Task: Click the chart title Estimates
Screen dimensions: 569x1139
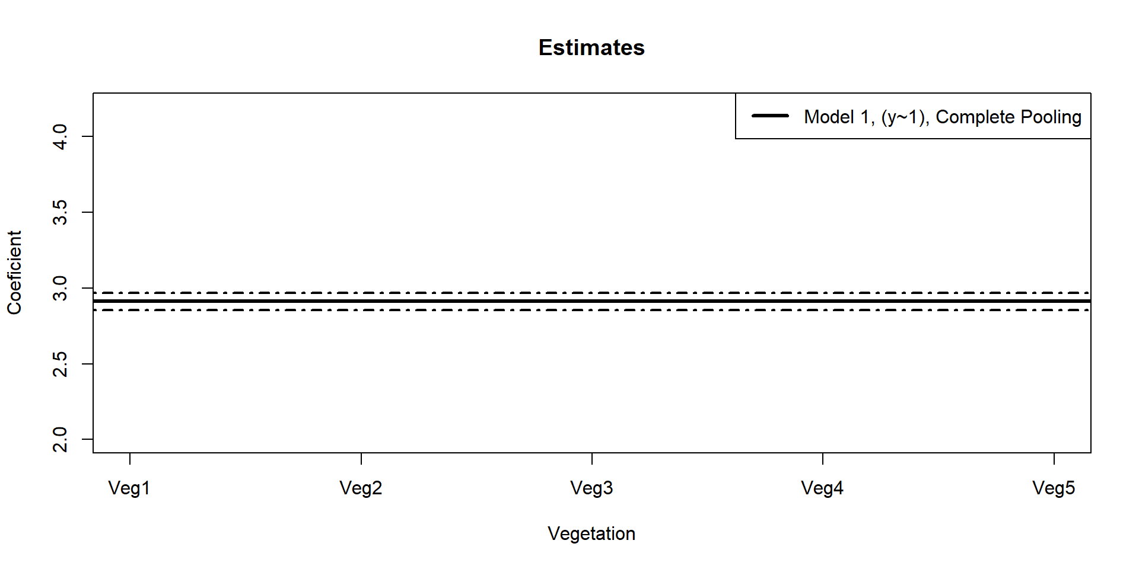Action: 591,47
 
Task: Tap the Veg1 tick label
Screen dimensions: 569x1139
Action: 129,488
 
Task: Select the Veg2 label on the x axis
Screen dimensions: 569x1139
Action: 361,488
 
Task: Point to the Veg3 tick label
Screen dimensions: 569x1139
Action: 591,488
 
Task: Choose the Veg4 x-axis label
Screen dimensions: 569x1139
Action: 822,488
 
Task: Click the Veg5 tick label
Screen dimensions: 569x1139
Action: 1054,488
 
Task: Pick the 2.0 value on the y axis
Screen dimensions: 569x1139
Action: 61,439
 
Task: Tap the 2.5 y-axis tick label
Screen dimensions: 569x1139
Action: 61,364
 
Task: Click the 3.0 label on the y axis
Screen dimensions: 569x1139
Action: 61,288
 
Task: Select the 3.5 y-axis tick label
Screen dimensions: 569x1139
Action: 61,212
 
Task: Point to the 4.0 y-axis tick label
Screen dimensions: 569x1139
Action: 61,136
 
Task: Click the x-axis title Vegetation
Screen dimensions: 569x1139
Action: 591,533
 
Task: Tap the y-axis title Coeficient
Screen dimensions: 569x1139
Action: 14,273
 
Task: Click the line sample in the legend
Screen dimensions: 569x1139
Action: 770,116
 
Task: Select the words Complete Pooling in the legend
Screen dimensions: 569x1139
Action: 1008,117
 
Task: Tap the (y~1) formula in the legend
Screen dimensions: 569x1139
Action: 904,117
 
